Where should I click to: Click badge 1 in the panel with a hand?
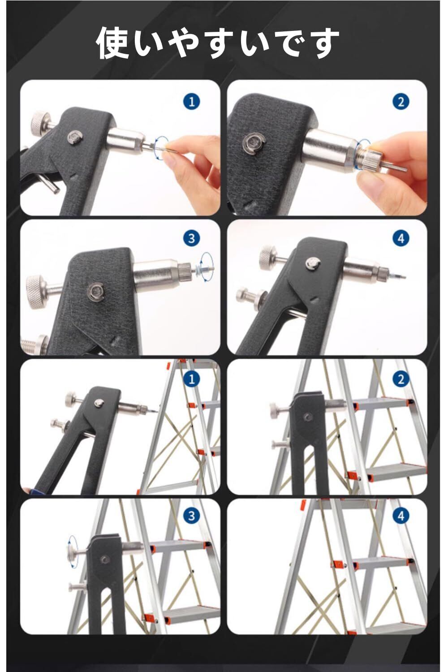[192, 102]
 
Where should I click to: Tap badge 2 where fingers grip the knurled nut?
[401, 102]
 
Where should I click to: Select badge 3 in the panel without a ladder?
[192, 238]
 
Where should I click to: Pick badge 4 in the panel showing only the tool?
[401, 238]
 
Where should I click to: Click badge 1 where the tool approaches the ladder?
[192, 379]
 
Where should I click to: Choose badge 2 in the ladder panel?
[401, 379]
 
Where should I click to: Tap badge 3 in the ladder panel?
[192, 516]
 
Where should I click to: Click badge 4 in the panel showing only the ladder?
[401, 516]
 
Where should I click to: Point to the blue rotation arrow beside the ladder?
[69, 551]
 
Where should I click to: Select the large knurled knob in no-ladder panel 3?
[35, 289]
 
